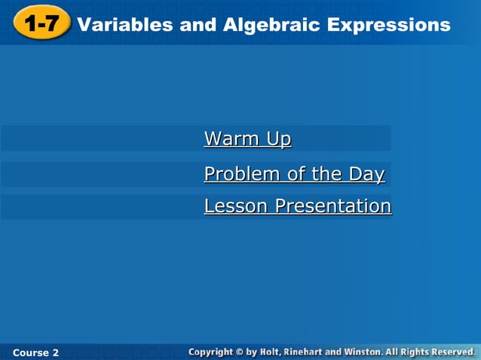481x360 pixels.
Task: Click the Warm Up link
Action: pos(247,139)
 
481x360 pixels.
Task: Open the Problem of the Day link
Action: pos(294,174)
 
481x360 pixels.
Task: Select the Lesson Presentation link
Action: pos(297,206)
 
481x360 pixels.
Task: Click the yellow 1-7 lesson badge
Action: pos(41,24)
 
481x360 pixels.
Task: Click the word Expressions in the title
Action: pos(389,25)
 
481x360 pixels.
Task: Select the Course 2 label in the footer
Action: pos(35,352)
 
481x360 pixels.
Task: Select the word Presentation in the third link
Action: pos(332,206)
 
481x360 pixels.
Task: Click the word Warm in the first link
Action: pos(225,139)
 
